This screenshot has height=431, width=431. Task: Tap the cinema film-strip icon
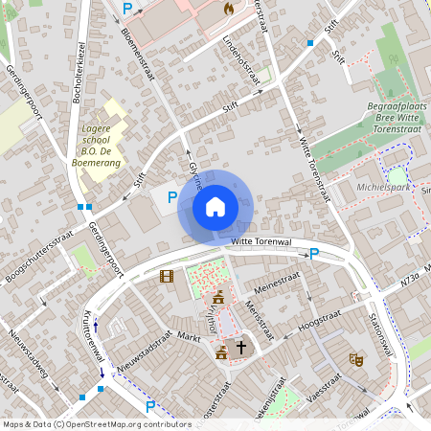coord(167,277)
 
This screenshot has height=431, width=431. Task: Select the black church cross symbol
coord(241,348)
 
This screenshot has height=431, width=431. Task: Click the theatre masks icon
coord(356,359)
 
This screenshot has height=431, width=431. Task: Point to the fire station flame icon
coord(228,8)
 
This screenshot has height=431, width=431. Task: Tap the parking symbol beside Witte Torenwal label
coord(313,254)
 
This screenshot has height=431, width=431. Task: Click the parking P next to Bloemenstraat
coord(127,8)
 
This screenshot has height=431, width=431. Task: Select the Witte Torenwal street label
coord(261,242)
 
